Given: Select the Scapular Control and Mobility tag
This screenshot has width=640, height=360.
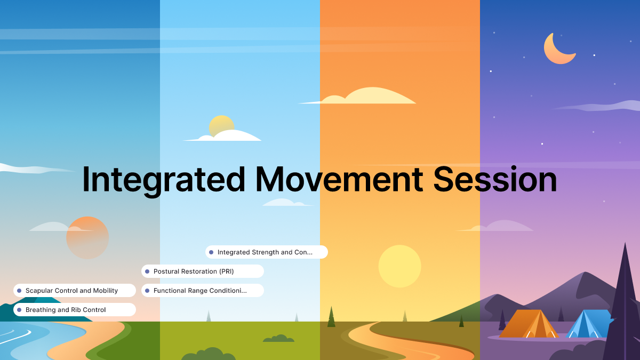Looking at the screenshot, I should (x=75, y=291).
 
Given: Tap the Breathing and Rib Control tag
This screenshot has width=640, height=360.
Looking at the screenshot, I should (x=75, y=310).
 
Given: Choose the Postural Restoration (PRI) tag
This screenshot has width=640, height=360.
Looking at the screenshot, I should (x=203, y=271).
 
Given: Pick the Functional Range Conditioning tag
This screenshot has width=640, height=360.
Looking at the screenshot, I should (x=203, y=291).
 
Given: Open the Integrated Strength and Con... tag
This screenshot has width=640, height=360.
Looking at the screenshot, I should (x=267, y=252).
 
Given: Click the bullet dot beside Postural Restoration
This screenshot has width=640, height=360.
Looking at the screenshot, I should (x=147, y=271).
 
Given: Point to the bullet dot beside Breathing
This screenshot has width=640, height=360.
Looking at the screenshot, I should (x=19, y=310).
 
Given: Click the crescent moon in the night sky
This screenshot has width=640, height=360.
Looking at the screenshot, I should (x=557, y=49).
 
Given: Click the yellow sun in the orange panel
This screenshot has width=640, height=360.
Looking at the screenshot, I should (x=399, y=266).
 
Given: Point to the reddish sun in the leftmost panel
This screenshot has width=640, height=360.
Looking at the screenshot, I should (x=87, y=238).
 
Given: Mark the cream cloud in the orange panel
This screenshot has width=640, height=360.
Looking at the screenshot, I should (x=368, y=97).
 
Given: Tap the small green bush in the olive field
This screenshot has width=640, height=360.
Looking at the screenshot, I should (x=278, y=338).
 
